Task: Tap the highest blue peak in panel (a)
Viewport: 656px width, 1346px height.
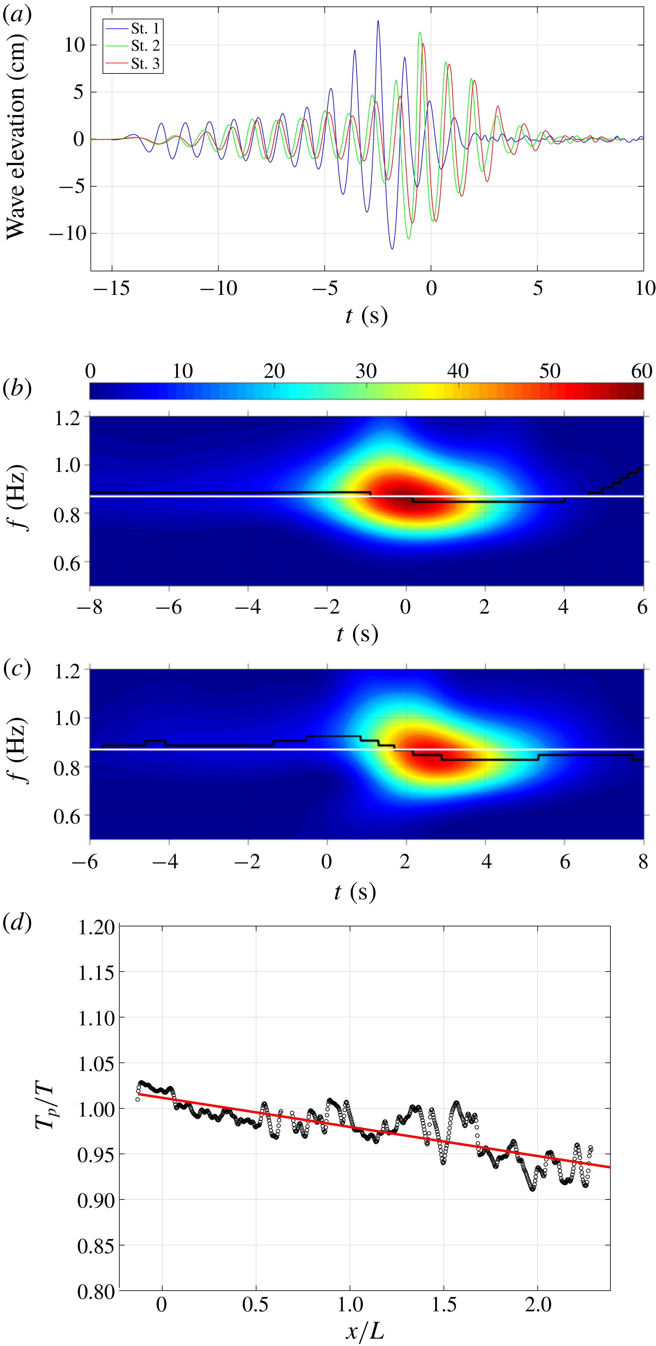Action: pyautogui.click(x=378, y=21)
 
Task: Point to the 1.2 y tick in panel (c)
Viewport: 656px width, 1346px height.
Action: pyautogui.click(x=67, y=671)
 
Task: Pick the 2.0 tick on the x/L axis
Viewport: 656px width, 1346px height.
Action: pyautogui.click(x=538, y=1304)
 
